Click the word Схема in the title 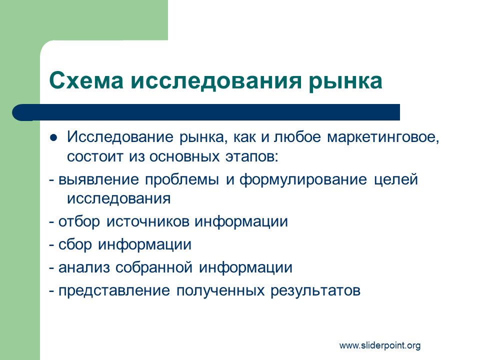coord(86,80)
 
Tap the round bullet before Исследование coord(53,138)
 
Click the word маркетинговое coord(383,137)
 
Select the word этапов coord(251,157)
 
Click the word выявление coord(98,179)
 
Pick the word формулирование coord(303,180)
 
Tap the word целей coord(396,180)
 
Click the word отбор coord(79,221)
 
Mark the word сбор coord(75,244)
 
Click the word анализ coord(84,267)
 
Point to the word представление coord(114,290)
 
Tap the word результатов coord(315,291)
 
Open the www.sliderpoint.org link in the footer coord(380,346)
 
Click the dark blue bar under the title coord(206,112)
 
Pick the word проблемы coord(182,180)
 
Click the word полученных coord(220,291)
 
